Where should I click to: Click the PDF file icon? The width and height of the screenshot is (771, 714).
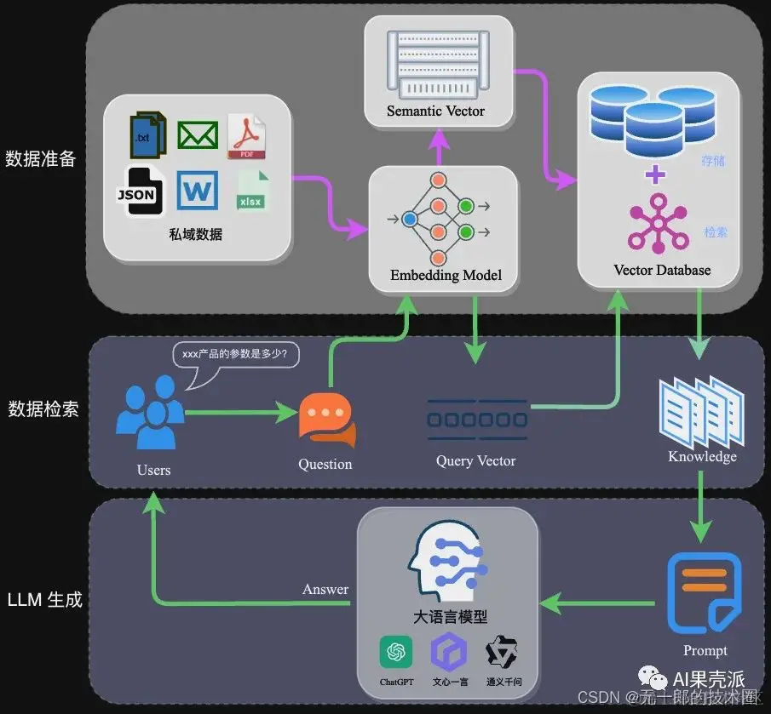point(246,136)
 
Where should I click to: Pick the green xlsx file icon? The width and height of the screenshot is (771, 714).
point(252,191)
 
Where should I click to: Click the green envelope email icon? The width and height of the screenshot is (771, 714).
point(198,135)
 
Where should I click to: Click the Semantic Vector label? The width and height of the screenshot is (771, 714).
point(435,111)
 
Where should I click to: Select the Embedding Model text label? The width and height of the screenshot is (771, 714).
point(446,275)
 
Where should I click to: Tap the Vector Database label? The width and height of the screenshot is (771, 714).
point(661,270)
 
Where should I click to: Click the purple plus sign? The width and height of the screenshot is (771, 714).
point(655,175)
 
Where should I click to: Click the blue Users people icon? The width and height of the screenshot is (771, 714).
point(149,414)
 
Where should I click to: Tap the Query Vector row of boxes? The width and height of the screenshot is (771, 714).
point(476,420)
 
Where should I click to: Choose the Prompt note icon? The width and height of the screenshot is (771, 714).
point(704,593)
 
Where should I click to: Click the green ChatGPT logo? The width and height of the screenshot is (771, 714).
point(396,653)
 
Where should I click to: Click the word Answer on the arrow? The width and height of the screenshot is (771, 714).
point(325,589)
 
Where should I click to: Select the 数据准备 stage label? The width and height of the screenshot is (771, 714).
point(41,158)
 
